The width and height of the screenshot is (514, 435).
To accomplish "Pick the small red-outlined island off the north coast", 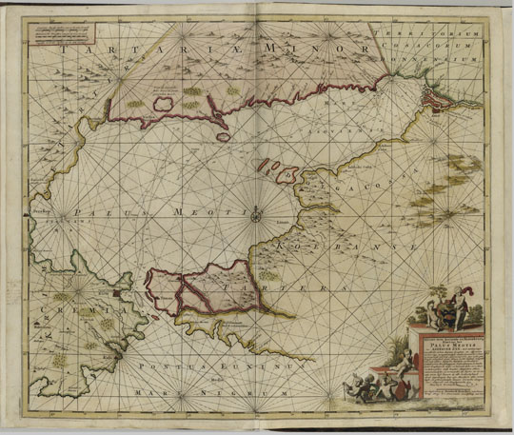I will pyautogui.click(x=226, y=137).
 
